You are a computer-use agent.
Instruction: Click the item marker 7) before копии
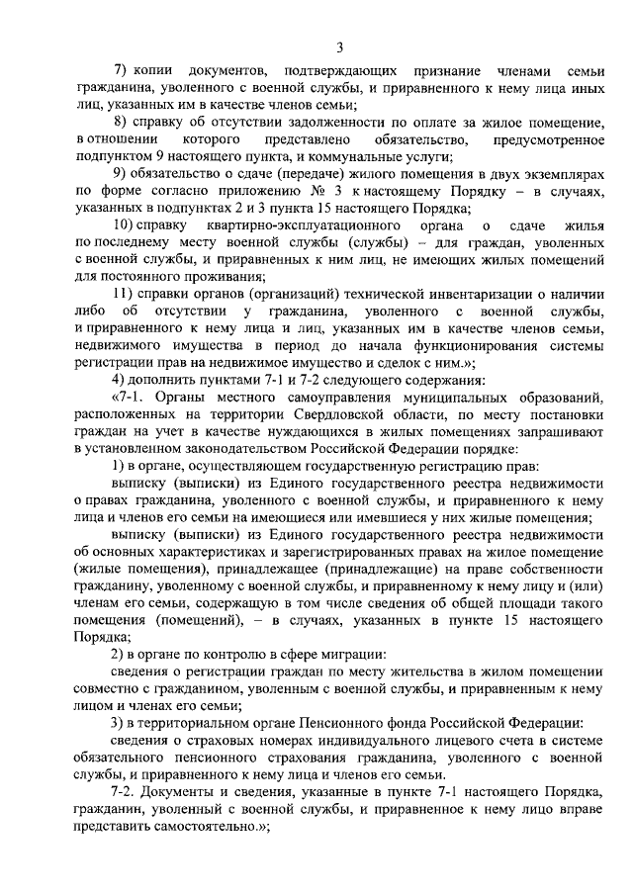(123, 74)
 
